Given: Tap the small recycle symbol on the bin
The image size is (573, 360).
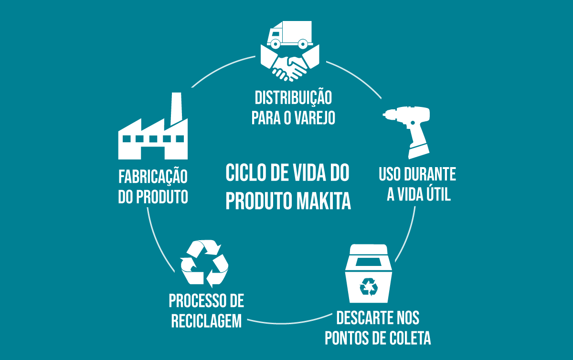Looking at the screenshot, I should tap(368, 287).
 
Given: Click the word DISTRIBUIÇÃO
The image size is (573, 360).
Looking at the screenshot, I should tap(293, 98).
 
